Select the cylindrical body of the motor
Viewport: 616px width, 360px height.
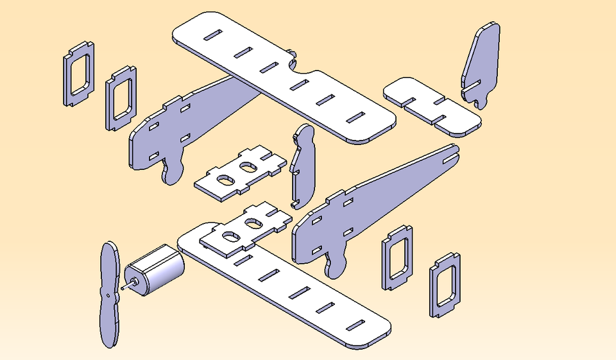click(x=157, y=270)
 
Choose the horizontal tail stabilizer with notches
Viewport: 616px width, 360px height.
click(x=431, y=106)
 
